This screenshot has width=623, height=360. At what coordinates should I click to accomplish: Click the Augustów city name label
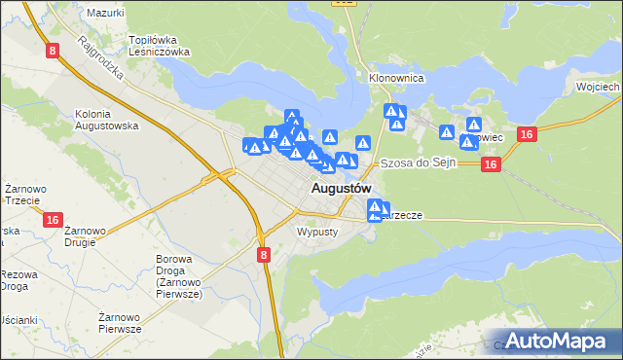point(341,187)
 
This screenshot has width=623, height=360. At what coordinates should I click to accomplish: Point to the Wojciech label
point(598,87)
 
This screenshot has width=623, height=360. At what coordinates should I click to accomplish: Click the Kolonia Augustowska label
point(107,120)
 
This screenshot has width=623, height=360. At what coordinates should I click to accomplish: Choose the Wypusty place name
point(316,233)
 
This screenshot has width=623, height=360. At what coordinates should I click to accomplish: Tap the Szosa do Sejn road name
point(418,162)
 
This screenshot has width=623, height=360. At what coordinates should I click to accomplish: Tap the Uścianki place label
point(18,320)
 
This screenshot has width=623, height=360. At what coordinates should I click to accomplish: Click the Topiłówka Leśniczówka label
point(159,47)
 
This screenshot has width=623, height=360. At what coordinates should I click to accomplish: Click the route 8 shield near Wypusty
point(264,254)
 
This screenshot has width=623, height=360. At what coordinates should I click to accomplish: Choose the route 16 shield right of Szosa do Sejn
point(491,165)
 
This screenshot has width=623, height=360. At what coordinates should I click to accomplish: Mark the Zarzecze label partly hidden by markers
point(404,215)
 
